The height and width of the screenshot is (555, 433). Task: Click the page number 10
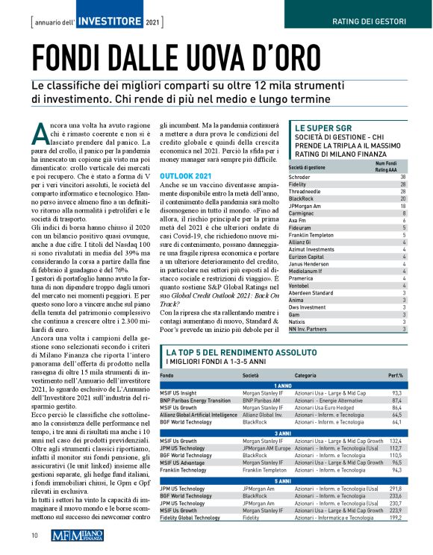pos(34,535)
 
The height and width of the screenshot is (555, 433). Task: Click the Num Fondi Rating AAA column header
pos(390,166)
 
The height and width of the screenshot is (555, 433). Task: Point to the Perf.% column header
pos(396,374)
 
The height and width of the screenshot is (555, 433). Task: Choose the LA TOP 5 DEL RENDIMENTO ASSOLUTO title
pos(240,351)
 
